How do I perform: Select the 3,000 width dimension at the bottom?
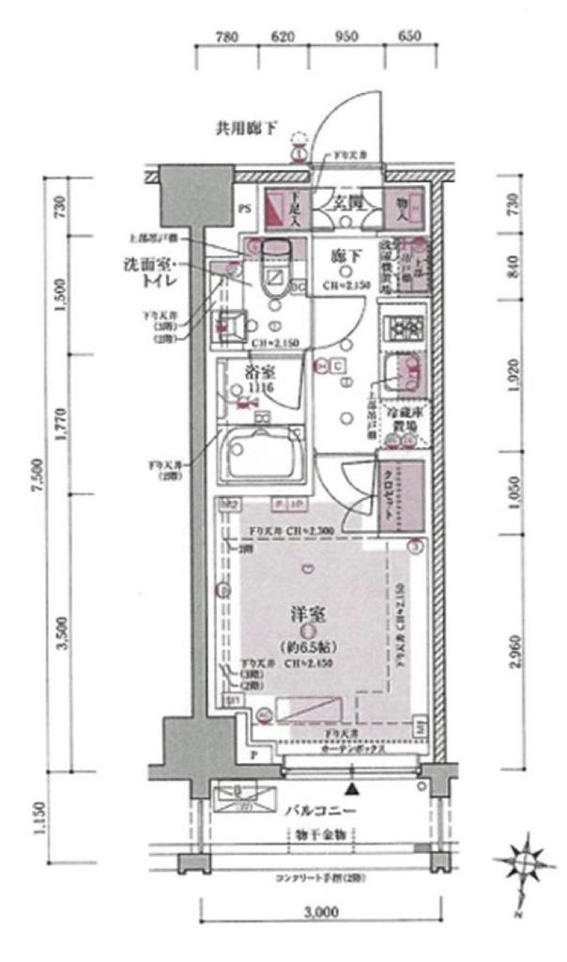[320, 911]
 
